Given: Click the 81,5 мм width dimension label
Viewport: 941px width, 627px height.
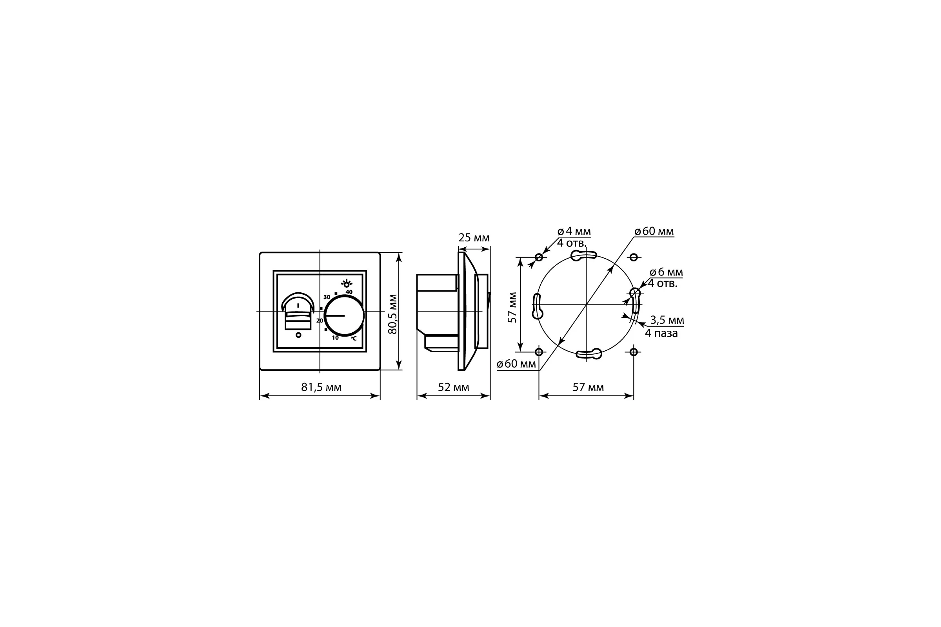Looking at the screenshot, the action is (321, 387).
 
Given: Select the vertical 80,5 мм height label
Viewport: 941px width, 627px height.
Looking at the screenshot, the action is (393, 314).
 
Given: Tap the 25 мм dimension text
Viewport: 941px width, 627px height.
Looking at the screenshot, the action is (474, 238).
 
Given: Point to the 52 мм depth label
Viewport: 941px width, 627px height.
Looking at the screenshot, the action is (454, 387).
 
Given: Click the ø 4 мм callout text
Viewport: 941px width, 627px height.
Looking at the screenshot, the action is (574, 231).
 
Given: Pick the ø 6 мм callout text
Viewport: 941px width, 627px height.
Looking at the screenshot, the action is (666, 272).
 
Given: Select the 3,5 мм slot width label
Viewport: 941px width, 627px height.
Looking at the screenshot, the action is (667, 320).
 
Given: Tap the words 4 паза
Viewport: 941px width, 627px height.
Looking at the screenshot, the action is (661, 333).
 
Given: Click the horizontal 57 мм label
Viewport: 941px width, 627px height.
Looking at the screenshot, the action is (588, 387).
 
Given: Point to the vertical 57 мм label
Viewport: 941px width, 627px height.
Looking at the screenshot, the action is (512, 308).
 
